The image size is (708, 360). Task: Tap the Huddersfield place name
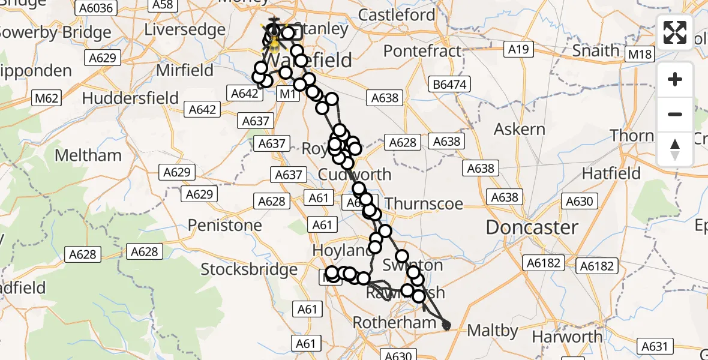(130, 98)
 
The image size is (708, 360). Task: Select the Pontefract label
(422, 51)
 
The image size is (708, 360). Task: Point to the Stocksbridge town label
(248, 269)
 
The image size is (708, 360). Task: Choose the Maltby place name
(492, 330)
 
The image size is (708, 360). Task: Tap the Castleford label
(397, 14)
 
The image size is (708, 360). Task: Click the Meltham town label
(88, 155)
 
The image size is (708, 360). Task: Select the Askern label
(519, 129)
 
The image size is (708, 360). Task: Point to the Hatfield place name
(611, 174)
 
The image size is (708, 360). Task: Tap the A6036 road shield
(95, 7)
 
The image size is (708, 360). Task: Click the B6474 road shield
(449, 85)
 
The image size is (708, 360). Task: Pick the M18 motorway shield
(640, 55)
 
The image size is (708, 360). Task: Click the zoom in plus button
(675, 79)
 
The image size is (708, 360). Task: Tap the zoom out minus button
(675, 114)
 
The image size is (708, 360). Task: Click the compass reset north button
(675, 149)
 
